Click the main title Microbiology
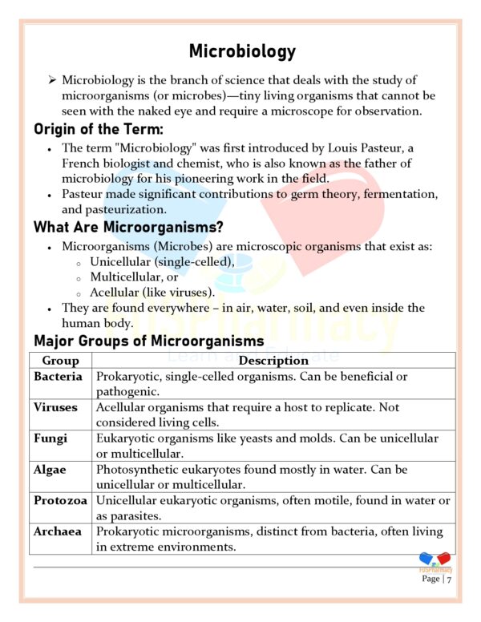coord(242,52)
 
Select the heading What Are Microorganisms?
coord(128,227)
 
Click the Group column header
coord(60,361)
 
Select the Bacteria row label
coord(59,376)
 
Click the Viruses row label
coord(55,407)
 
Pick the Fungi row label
coord(50,438)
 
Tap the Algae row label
coord(51,470)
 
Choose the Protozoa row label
coord(61,500)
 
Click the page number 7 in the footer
coord(450,579)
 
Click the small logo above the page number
coord(435,561)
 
